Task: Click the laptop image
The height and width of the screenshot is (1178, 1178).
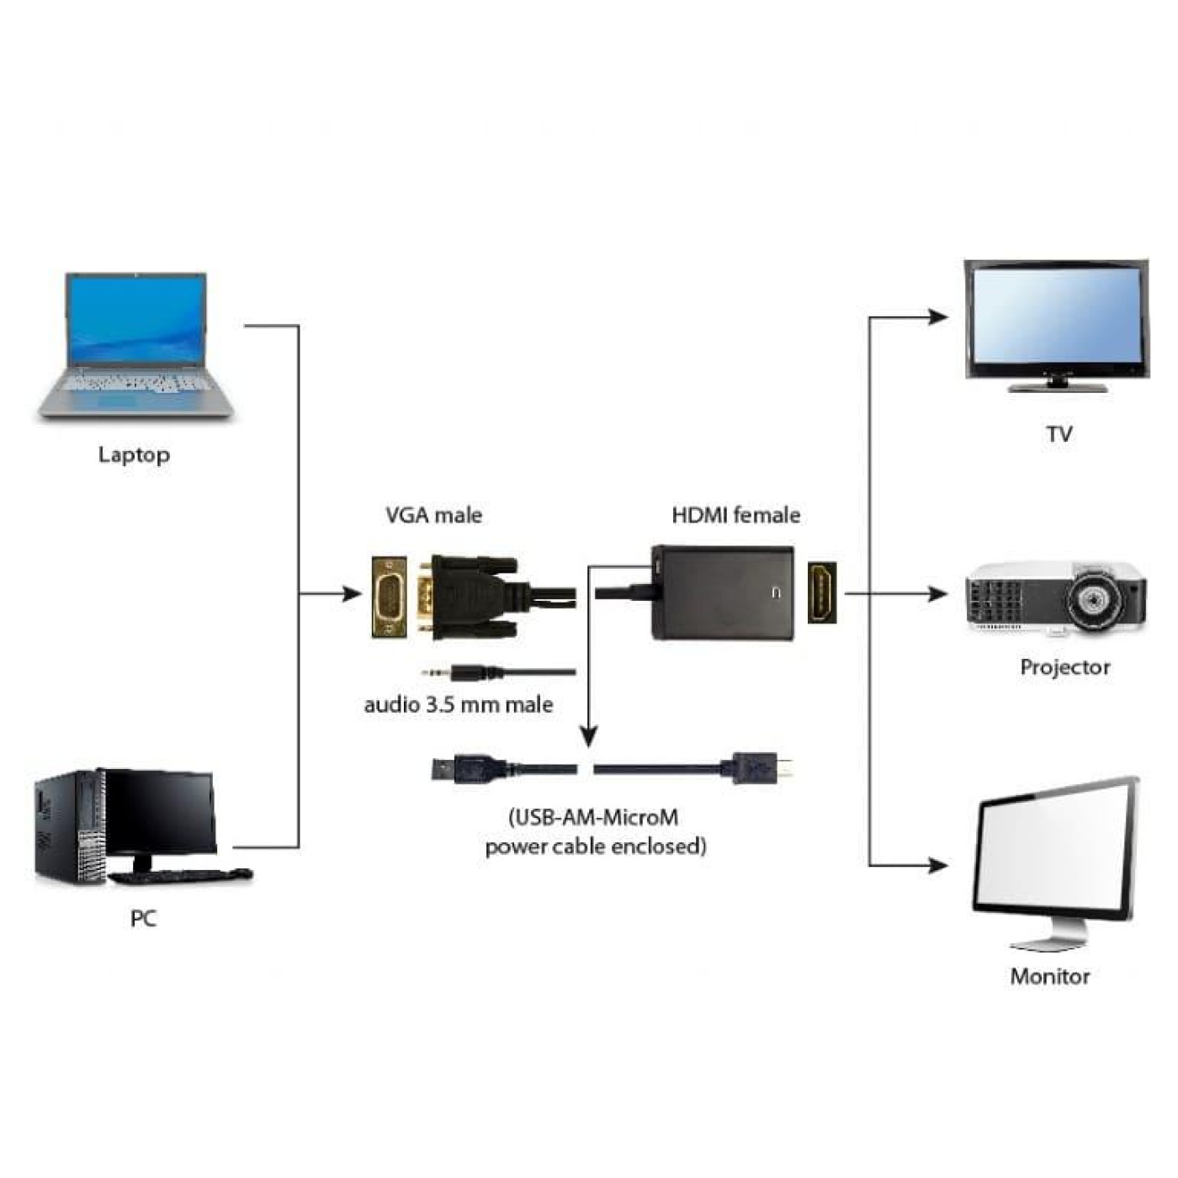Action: (x=135, y=345)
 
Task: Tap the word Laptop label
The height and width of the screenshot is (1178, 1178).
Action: (x=134, y=455)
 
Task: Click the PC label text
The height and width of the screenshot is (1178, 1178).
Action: (x=143, y=918)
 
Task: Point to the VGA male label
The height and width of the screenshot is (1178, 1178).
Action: (x=433, y=515)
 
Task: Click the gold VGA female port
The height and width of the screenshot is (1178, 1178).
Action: (x=390, y=597)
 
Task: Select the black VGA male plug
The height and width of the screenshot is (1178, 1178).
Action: (x=471, y=597)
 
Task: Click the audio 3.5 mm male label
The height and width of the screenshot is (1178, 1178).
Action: (x=459, y=704)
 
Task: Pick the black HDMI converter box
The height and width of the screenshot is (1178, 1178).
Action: (x=722, y=593)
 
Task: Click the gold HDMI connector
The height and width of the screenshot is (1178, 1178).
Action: (x=822, y=593)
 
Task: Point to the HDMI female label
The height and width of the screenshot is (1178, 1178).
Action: (x=735, y=515)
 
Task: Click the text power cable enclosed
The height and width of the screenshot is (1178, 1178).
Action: (x=595, y=846)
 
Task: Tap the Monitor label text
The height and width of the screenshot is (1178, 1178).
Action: (x=1049, y=976)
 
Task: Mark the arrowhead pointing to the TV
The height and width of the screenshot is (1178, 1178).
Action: (x=937, y=317)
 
